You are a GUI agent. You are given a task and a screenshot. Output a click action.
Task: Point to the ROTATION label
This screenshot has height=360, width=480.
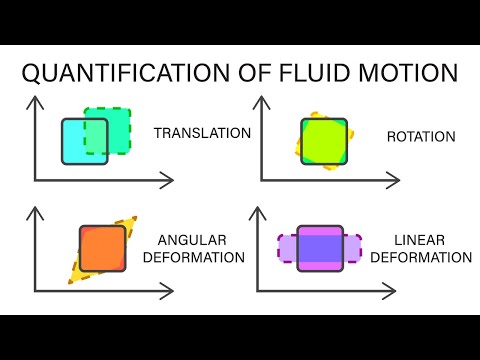click(x=420, y=136)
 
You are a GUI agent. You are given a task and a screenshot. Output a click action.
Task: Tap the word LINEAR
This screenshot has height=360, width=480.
click(x=419, y=240)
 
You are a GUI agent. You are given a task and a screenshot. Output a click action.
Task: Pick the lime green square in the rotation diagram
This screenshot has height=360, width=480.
click(x=324, y=141)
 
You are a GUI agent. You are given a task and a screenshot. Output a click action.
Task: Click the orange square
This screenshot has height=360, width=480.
click(x=102, y=249)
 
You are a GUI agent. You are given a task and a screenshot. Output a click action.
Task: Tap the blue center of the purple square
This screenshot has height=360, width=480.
click(x=320, y=248)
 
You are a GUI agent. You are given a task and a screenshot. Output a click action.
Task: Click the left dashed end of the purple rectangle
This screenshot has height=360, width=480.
click(x=286, y=248)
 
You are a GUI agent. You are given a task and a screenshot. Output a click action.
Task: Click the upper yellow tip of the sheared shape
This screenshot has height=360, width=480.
click(x=131, y=222)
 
